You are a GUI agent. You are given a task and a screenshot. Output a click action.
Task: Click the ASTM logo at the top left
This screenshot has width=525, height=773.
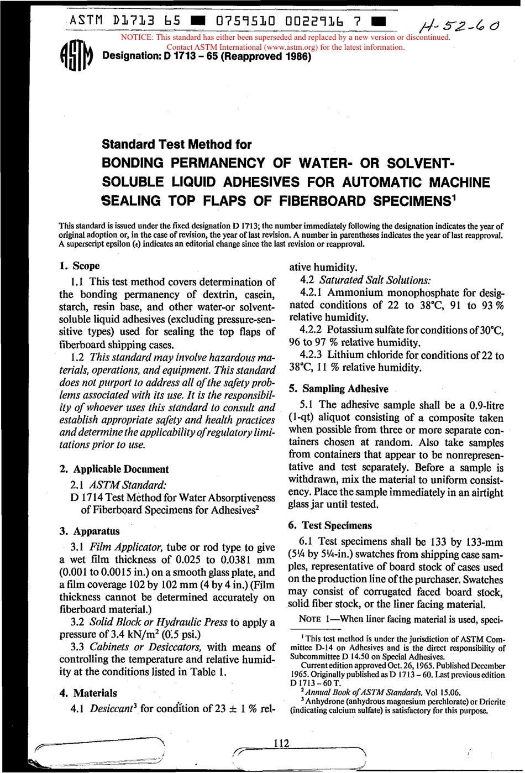coord(76,56)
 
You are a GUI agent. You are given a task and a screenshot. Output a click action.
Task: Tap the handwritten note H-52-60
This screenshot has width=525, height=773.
coord(459,25)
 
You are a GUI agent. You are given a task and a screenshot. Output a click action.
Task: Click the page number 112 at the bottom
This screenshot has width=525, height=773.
coord(281,743)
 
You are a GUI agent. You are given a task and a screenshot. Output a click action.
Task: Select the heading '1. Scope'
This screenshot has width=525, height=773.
coord(80,266)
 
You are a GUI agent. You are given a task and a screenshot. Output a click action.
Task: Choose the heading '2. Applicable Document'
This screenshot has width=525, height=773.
coord(114,469)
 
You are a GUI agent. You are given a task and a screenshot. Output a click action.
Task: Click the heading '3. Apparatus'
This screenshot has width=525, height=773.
coord(90,531)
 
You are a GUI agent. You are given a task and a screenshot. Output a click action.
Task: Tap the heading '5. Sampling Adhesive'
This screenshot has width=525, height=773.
coord(338,389)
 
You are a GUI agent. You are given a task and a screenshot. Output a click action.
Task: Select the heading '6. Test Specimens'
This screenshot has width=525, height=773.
coord(330,525)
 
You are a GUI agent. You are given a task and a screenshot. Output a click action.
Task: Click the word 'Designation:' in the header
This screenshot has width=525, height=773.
coord(132,56)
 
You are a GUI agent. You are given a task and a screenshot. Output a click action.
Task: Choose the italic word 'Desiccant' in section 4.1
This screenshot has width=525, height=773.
coord(111,708)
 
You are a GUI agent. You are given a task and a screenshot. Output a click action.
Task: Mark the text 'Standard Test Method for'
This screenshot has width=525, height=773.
coord(176,145)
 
